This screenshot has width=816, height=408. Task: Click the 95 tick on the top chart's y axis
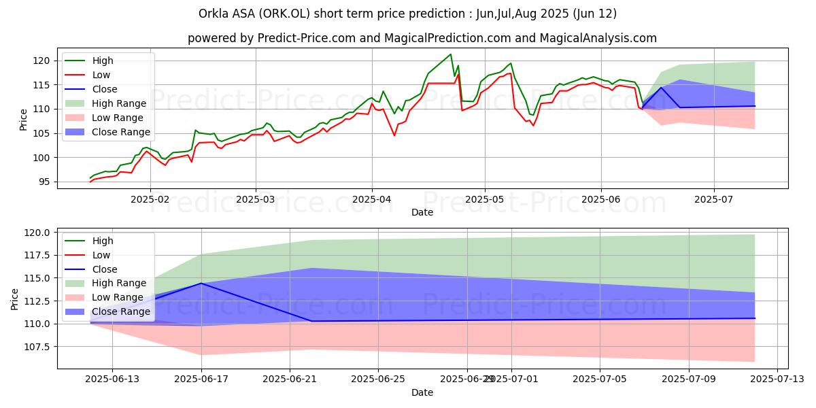(x=46, y=182)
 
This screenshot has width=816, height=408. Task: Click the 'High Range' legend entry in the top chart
(x=119, y=103)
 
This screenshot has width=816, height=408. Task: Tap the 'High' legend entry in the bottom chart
(x=103, y=241)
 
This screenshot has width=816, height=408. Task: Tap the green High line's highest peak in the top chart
(x=450, y=54)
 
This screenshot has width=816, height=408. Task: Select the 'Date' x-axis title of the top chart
(x=422, y=212)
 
